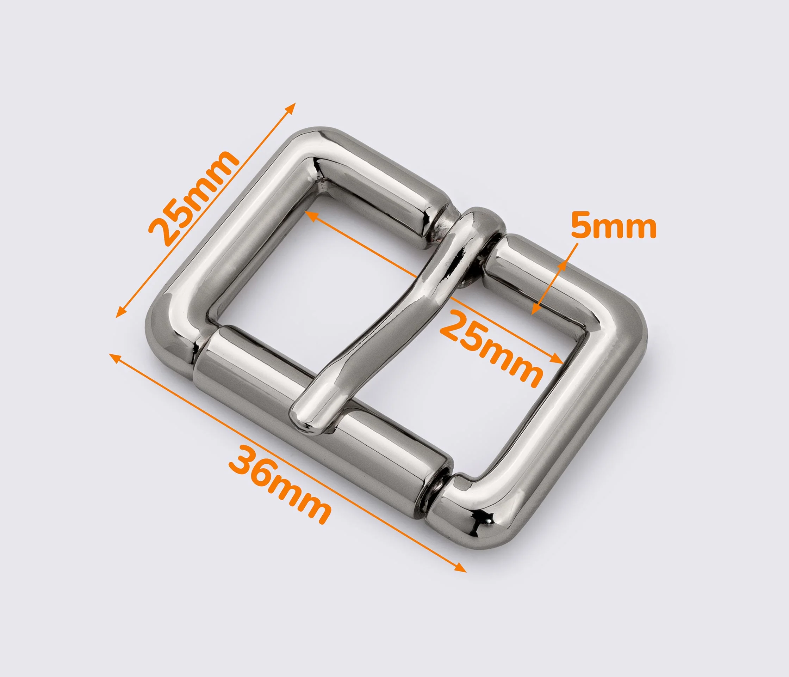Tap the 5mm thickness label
pyautogui.click(x=614, y=227)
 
